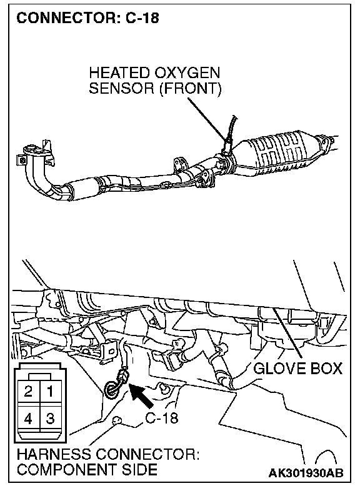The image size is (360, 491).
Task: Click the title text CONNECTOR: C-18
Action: [87, 18]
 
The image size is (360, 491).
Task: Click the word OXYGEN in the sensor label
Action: [187, 73]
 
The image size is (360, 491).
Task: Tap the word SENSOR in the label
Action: [122, 88]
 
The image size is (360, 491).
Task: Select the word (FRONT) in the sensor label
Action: [190, 89]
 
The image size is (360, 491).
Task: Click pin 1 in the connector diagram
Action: [51, 391]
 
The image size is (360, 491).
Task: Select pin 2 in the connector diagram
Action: [29, 391]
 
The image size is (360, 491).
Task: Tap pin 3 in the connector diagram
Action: [51, 418]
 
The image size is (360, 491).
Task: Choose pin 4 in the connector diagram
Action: [29, 418]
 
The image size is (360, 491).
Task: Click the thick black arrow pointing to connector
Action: [141, 396]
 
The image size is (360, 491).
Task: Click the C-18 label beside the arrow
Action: [162, 417]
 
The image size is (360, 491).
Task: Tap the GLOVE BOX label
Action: [297, 369]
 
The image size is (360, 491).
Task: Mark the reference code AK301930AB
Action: [306, 473]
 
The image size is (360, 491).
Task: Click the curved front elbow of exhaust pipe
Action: [37, 176]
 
